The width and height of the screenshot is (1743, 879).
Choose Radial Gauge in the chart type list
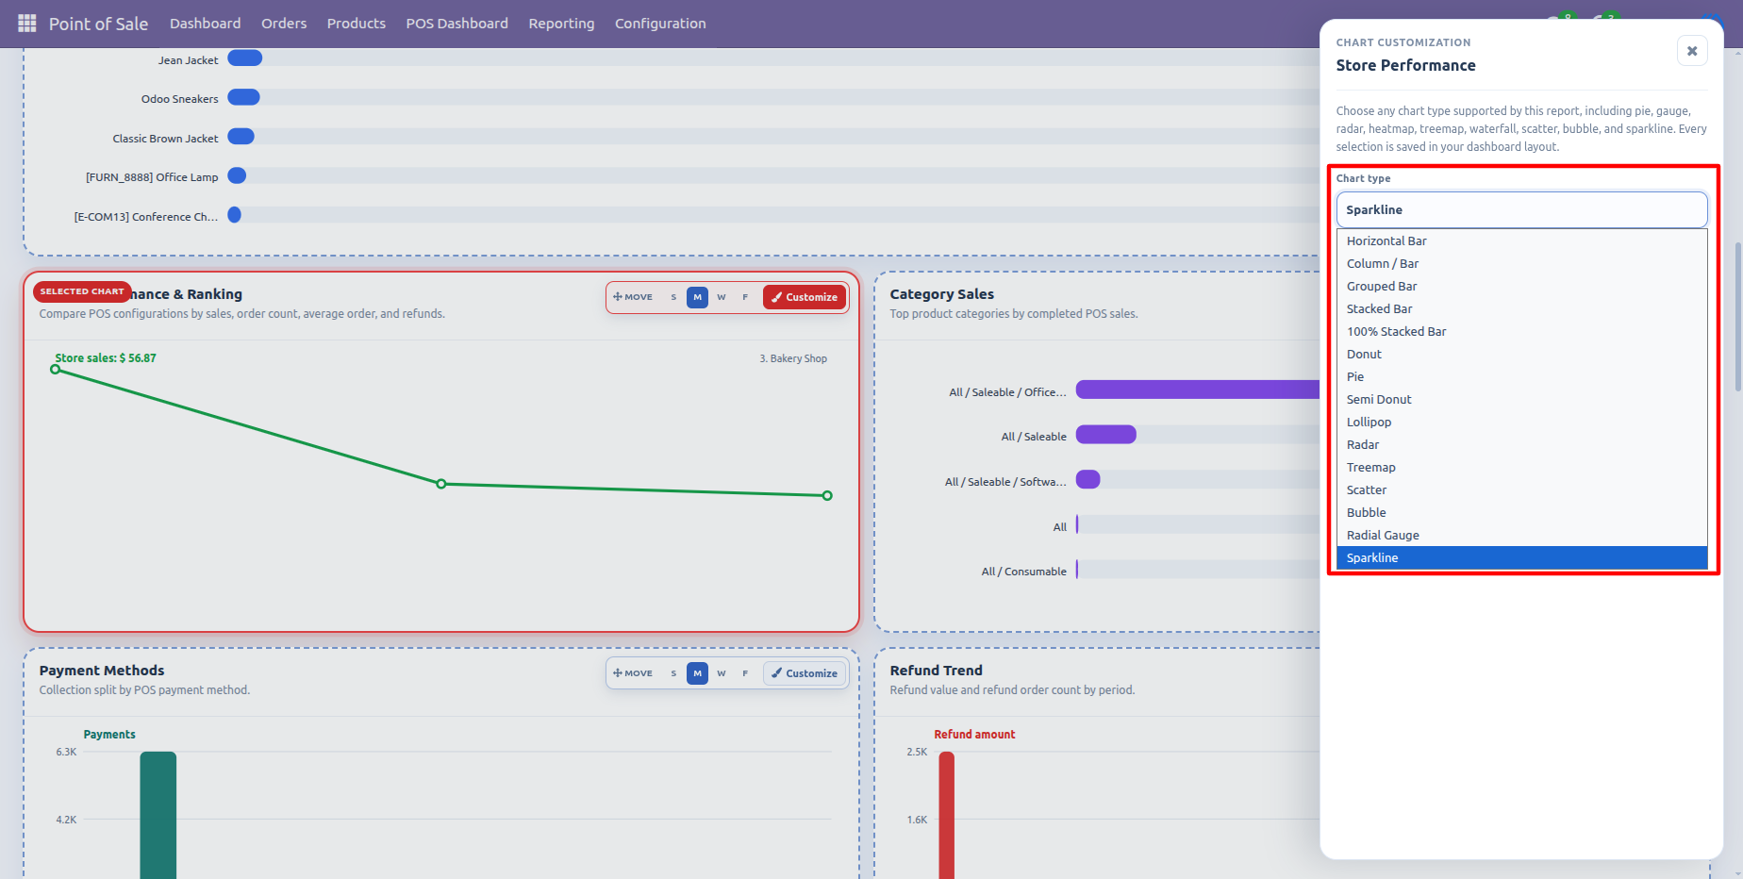point(1383,535)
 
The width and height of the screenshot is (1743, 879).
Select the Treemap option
point(1370,467)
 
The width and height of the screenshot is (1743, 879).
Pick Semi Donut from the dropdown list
point(1379,399)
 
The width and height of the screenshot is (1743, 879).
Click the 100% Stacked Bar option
point(1396,331)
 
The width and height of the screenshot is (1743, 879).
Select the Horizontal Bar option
point(1386,240)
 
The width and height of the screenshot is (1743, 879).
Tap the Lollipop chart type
point(1369,422)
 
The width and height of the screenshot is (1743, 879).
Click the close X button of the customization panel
point(1692,51)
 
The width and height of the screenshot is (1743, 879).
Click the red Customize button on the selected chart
point(805,297)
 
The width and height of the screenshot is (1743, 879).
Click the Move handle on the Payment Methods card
point(633,673)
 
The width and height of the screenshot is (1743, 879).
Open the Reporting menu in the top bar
point(561,24)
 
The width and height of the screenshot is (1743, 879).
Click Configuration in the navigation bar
point(660,24)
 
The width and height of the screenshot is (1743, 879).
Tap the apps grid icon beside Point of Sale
point(27,23)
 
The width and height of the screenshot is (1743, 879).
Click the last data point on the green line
point(827,495)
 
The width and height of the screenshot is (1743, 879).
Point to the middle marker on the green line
point(441,484)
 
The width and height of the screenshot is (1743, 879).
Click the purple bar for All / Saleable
point(1106,435)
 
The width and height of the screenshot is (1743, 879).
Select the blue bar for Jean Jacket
point(245,58)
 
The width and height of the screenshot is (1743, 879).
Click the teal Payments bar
point(158,815)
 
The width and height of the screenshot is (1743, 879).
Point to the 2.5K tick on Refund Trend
point(917,752)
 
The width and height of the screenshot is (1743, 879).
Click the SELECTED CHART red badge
point(82,291)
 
